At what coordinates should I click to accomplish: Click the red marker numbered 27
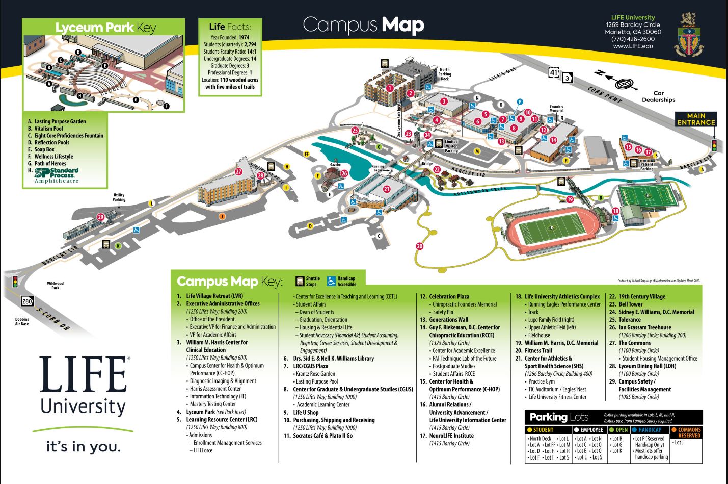[238, 172]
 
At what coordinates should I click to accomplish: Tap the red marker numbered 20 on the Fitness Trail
[419, 246]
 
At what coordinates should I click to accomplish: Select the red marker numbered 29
[100, 217]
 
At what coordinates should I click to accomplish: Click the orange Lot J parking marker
[222, 216]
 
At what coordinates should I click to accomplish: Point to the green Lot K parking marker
[118, 246]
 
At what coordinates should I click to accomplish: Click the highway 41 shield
[554, 73]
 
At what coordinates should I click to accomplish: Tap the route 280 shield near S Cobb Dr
[27, 301]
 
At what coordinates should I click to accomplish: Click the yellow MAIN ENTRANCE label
[696, 119]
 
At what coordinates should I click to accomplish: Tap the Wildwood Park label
[55, 286]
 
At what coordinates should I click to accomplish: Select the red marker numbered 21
[387, 189]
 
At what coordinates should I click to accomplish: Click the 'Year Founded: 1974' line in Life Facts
[229, 37]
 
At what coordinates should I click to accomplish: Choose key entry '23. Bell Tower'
[630, 304]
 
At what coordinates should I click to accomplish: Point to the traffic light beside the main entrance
[714, 145]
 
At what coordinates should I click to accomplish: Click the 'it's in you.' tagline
[84, 447]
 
